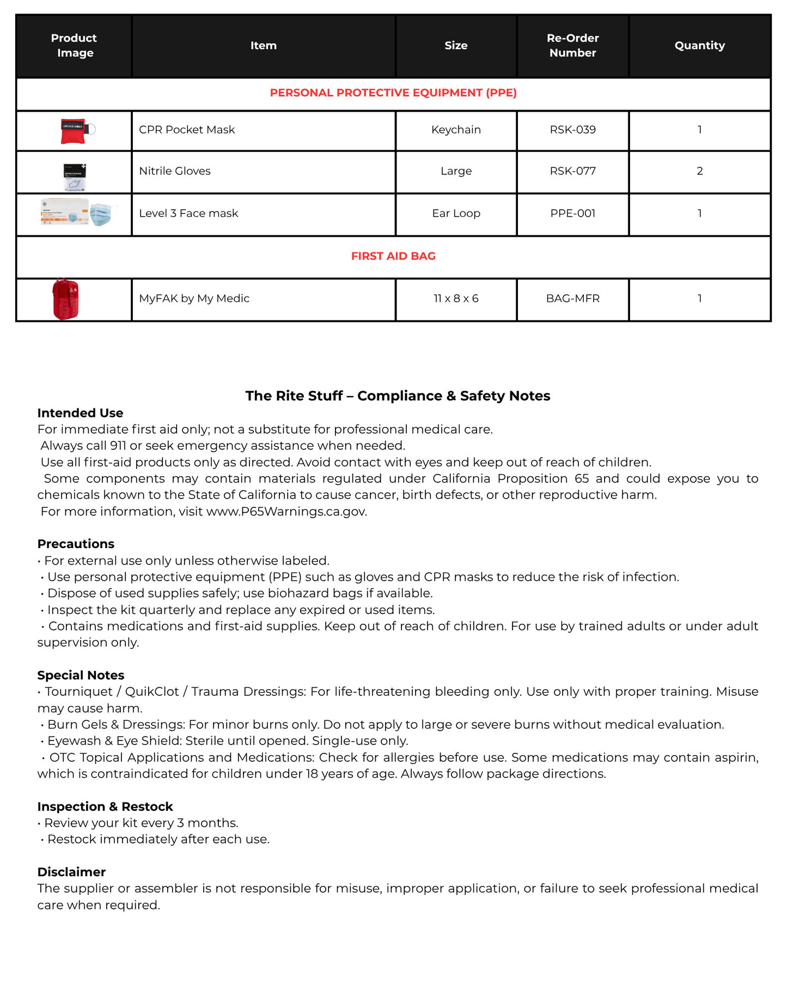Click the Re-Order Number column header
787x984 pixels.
tap(572, 46)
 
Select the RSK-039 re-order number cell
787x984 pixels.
tap(572, 130)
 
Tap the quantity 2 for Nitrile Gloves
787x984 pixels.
tap(699, 171)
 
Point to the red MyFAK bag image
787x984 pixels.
tap(66, 299)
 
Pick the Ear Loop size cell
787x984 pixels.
tap(456, 214)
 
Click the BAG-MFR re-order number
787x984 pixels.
tap(572, 299)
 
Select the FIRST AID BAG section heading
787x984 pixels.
tap(393, 256)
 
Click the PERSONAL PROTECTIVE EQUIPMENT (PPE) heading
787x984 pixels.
tap(393, 93)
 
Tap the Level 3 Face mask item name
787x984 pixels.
tap(188, 214)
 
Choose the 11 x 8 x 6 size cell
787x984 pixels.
tap(456, 299)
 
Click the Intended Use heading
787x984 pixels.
tap(80, 413)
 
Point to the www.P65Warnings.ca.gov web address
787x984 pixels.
tap(286, 512)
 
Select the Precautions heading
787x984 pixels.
tap(76, 544)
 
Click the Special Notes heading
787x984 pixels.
tap(81, 675)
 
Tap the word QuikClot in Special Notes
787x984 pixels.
tap(152, 691)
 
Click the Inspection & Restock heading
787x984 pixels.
tap(105, 806)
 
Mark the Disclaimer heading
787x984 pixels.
tap(71, 872)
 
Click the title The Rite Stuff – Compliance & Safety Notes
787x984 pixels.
tap(398, 396)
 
